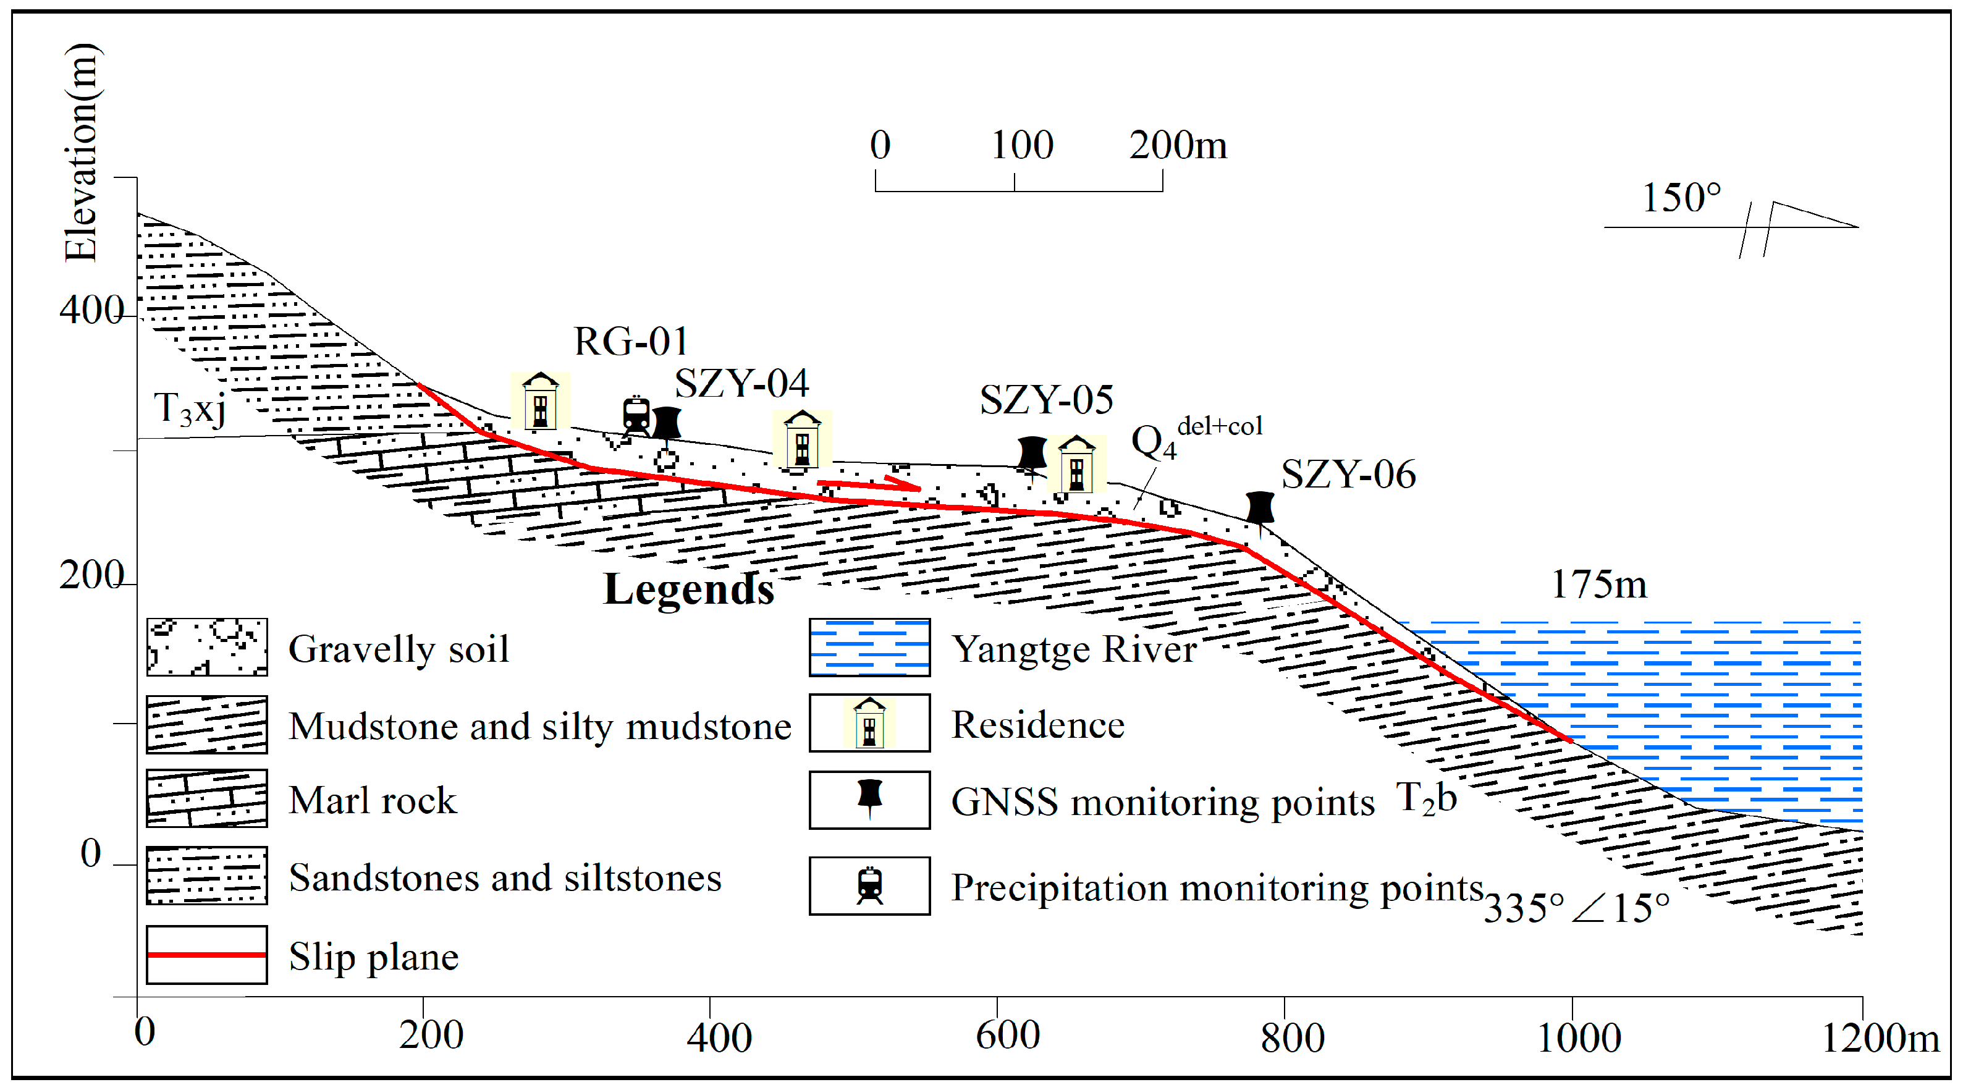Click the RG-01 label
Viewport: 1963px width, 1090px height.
631,342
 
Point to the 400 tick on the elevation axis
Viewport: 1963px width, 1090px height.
91,310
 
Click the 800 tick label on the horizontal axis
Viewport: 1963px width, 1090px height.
1293,1037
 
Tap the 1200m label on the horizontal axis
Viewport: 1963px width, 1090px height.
1879,1037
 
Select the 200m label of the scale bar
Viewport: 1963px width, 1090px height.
1177,145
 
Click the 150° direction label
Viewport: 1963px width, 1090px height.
1680,198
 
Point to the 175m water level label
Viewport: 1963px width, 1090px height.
1598,585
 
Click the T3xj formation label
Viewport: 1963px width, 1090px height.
190,409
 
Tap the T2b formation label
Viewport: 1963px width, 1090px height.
1426,799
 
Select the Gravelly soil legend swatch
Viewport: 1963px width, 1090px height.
206,647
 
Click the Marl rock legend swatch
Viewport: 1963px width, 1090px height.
206,798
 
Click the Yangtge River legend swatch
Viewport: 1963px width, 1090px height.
869,647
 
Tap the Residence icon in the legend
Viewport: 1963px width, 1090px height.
869,722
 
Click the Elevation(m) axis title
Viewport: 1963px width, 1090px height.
81,153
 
